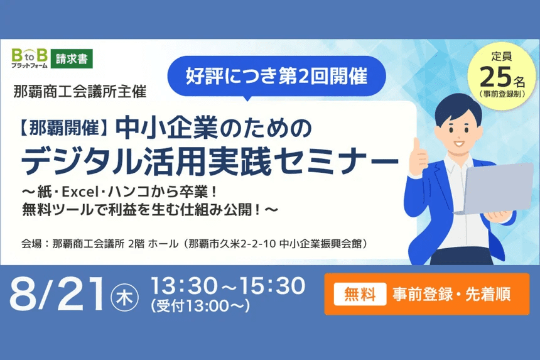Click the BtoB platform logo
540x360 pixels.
(x=30, y=58)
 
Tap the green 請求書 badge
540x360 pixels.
(x=72, y=59)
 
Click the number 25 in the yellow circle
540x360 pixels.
(x=495, y=77)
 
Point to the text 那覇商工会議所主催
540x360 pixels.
(x=80, y=92)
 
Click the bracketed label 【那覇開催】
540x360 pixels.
(x=65, y=128)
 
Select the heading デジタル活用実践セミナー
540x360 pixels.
(x=210, y=161)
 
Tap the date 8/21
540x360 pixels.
(x=57, y=294)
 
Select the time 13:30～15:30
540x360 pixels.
(x=228, y=286)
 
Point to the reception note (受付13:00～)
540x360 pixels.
(x=200, y=305)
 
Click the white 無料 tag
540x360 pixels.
(x=360, y=294)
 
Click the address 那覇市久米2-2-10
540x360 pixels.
(x=232, y=244)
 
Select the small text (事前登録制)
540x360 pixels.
(x=502, y=94)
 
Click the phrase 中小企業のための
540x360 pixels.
(x=213, y=128)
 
